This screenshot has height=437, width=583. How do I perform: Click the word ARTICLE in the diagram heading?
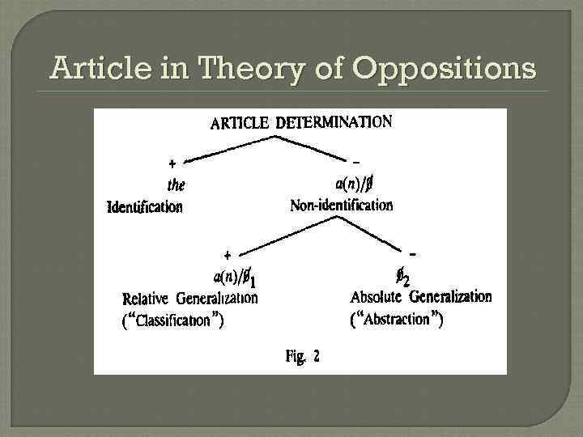pyautogui.click(x=240, y=124)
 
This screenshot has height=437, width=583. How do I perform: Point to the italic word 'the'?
pyautogui.click(x=177, y=185)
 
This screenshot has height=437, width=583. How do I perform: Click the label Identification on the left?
pyautogui.click(x=145, y=206)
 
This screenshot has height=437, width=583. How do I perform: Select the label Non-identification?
pyautogui.click(x=341, y=206)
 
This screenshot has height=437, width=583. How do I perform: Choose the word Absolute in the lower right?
pyautogui.click(x=377, y=297)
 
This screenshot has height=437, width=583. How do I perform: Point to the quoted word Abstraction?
pyautogui.click(x=396, y=319)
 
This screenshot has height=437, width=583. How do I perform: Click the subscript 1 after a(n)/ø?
pyautogui.click(x=253, y=282)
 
